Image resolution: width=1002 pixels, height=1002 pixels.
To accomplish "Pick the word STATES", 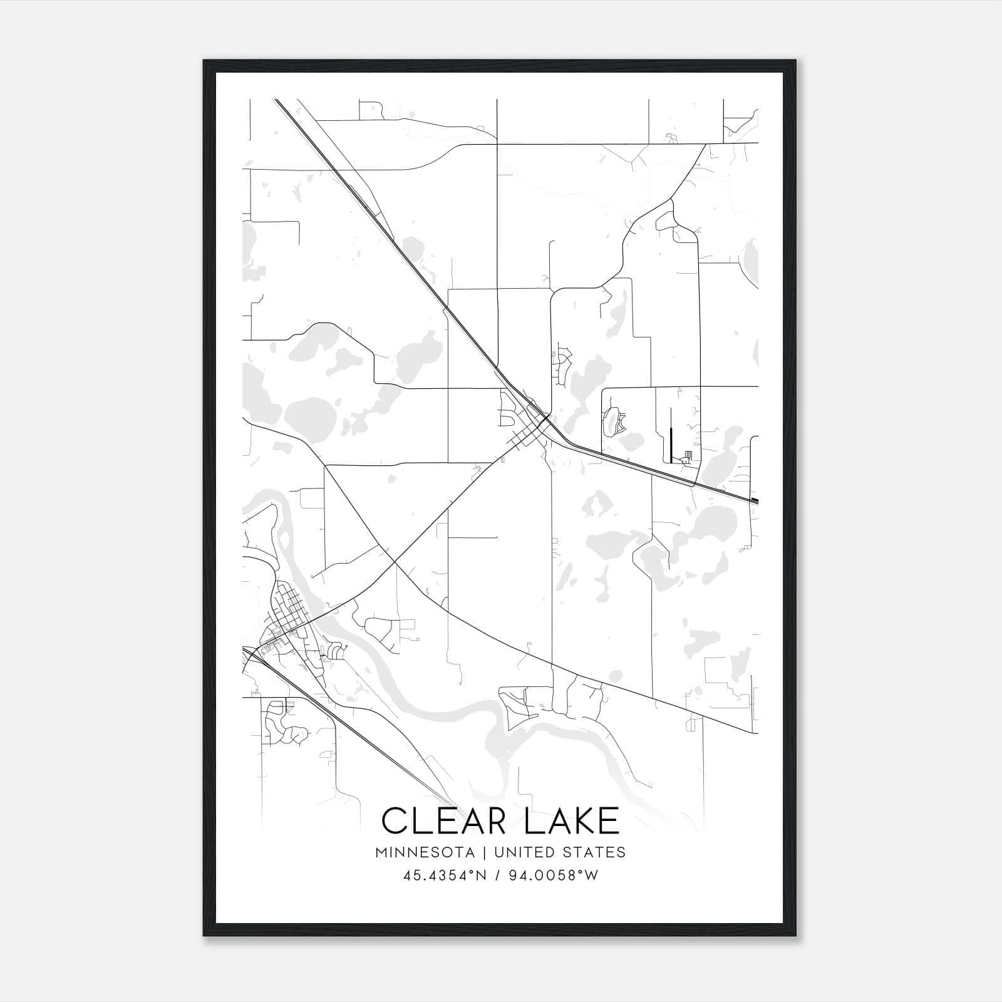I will (x=594, y=852).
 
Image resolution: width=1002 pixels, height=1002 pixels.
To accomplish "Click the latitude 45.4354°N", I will (x=445, y=875).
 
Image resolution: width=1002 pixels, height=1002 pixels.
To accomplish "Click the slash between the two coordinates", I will (x=498, y=875).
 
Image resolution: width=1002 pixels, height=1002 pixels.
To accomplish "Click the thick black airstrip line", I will (x=671, y=435).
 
